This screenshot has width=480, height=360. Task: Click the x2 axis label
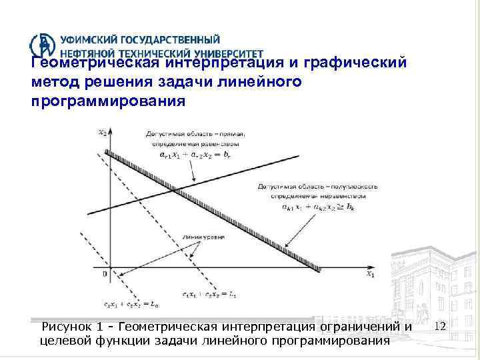click(101, 132)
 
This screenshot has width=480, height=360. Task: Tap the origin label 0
click(104, 274)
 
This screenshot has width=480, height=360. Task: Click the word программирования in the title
click(107, 103)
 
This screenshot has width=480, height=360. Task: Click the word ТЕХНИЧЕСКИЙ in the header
click(139, 53)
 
